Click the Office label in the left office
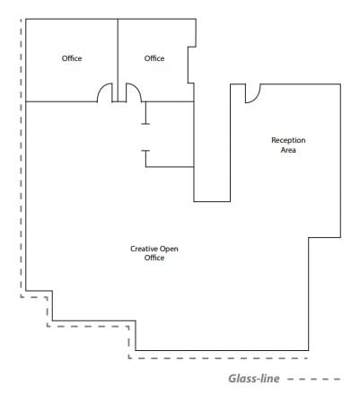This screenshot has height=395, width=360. click(x=72, y=58)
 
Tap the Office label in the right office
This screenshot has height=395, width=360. click(x=154, y=58)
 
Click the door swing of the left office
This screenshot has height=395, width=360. click(x=105, y=92)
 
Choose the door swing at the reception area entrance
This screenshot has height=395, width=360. click(x=252, y=92)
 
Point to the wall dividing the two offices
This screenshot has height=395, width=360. click(x=118, y=54)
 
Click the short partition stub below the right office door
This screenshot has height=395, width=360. click(x=145, y=114)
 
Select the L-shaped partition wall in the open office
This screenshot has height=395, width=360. click(x=168, y=166)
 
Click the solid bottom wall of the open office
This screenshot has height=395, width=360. click(x=224, y=349)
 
